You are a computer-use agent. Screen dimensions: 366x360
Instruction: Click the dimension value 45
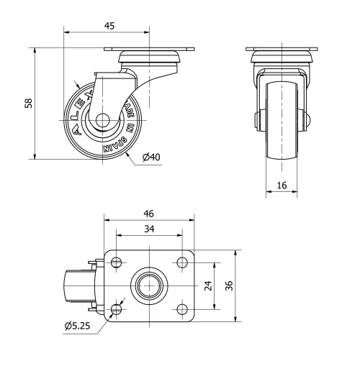109,25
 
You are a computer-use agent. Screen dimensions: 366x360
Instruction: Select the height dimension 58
28,103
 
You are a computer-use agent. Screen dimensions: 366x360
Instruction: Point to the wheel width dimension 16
282,185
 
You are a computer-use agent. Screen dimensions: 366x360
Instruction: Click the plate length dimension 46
149,214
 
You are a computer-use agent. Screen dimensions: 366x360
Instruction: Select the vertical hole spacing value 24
208,285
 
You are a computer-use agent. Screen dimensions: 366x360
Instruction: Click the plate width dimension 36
228,285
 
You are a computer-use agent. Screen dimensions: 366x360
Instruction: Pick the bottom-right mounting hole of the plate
181,309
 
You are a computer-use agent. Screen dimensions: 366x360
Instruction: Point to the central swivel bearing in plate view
150,285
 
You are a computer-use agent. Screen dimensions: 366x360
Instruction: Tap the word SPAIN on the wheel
115,145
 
